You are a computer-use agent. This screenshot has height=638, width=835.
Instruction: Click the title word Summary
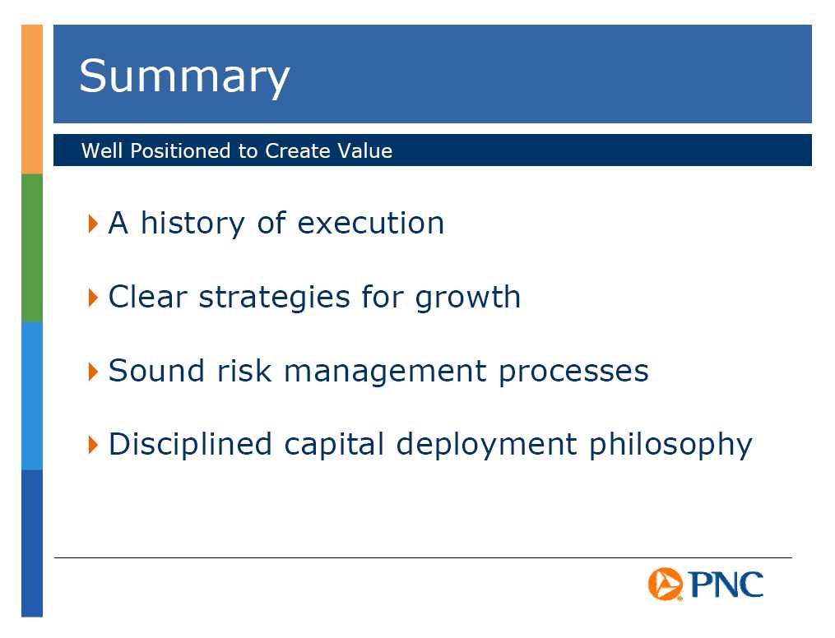(x=184, y=77)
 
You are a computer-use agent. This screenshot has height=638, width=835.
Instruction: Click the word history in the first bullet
(x=193, y=224)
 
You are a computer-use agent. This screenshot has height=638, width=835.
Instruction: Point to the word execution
(x=371, y=224)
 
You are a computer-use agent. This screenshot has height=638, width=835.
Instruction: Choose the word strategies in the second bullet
(x=274, y=297)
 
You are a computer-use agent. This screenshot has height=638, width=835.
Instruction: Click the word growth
(x=467, y=297)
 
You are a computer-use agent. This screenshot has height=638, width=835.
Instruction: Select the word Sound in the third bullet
(x=156, y=370)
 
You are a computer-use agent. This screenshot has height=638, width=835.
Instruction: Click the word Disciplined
(x=190, y=444)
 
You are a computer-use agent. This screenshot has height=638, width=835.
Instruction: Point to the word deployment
(x=486, y=445)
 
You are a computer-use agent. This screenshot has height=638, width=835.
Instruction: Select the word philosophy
(x=670, y=445)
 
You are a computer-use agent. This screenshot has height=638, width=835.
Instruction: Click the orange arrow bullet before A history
(x=93, y=224)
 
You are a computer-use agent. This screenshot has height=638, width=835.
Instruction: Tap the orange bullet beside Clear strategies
(x=93, y=298)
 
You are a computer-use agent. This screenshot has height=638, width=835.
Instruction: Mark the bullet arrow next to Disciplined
(x=93, y=444)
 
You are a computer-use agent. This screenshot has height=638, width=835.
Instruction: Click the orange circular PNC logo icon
(x=665, y=584)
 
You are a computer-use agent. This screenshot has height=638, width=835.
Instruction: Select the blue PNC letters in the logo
(x=726, y=585)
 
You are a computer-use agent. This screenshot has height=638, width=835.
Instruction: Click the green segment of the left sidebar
(x=32, y=248)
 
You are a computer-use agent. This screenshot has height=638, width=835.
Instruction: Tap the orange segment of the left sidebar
(x=32, y=99)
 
